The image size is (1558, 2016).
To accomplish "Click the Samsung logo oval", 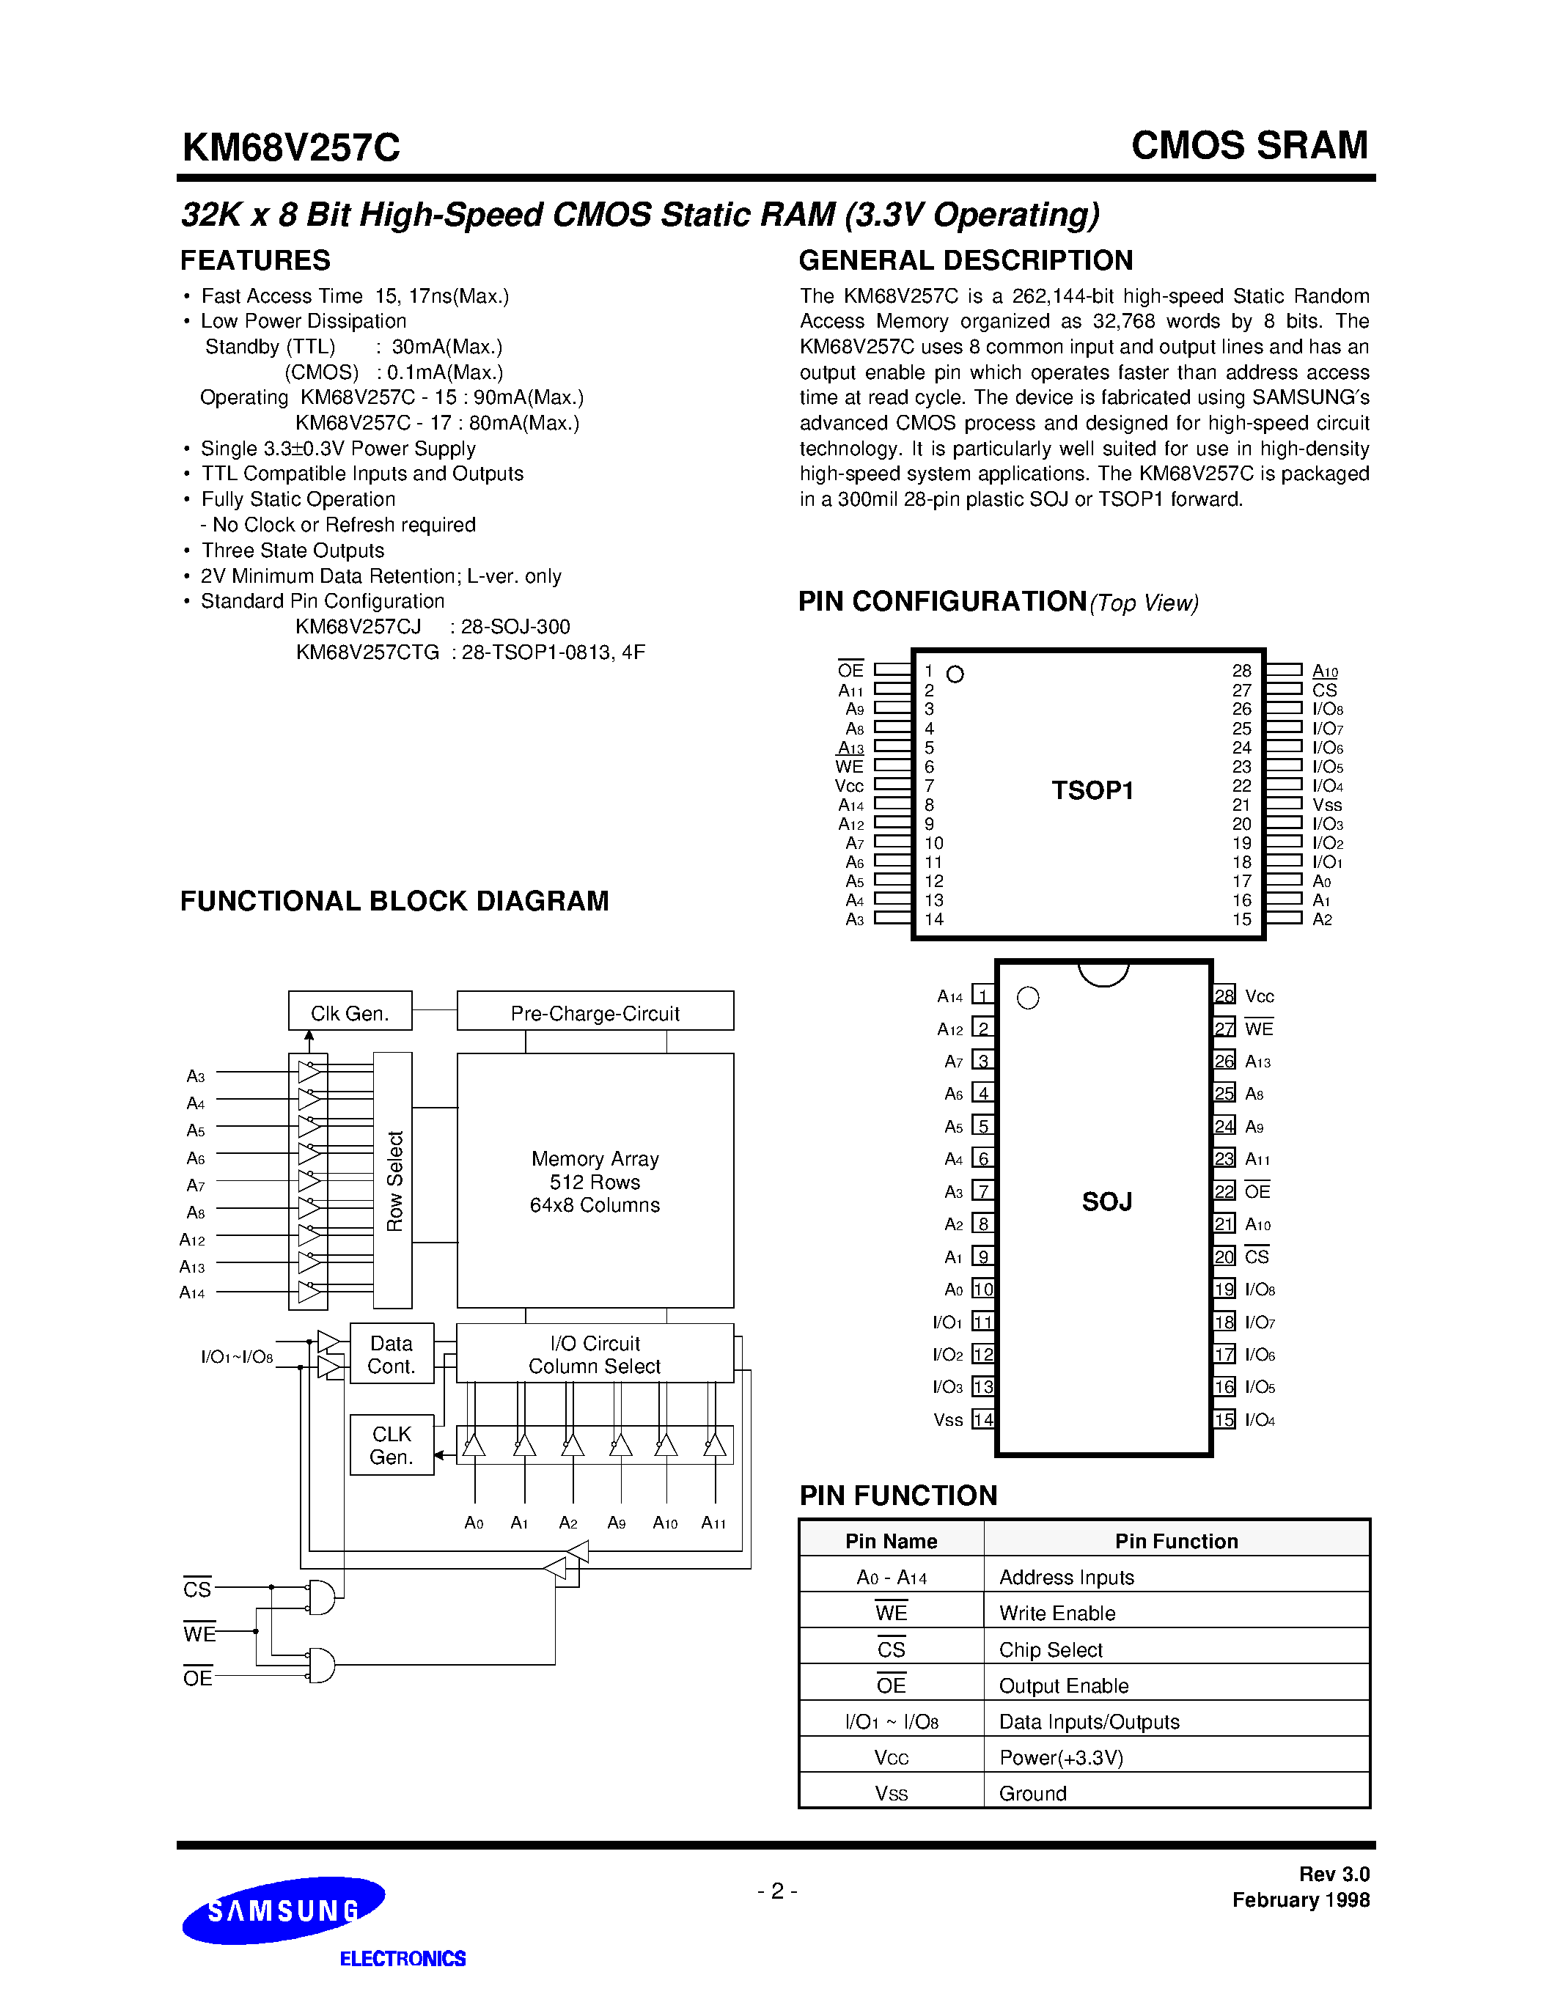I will pos(282,1910).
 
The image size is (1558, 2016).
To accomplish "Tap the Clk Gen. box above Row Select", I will pos(350,1012).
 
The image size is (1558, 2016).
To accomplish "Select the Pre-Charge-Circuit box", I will pos(595,1012).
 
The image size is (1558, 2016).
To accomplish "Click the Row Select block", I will pos(393,1180).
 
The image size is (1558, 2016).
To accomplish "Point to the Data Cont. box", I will pos(391,1354).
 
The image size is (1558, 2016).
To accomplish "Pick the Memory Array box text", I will pos(595,1182).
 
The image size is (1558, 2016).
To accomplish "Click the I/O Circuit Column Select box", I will pos(595,1354).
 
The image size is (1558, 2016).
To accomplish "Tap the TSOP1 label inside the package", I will pos(1092,791).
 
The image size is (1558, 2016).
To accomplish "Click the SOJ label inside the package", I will pos(1106,1202).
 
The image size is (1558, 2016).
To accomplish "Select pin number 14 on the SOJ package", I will pos(983,1420).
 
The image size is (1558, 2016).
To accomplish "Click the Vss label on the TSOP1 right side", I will pos(1326,805).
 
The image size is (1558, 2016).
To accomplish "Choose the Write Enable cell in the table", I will pos(1057,1613).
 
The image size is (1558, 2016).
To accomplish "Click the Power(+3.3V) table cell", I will pos(1060,1757).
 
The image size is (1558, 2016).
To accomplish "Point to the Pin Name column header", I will pos(891,1541).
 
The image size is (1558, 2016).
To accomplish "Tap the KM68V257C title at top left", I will pos(291,147).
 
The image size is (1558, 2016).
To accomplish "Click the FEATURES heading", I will pos(254,260).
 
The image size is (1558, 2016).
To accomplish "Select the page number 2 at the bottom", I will pos(777,1891).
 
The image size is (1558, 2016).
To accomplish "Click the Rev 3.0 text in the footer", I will pos(1334,1874).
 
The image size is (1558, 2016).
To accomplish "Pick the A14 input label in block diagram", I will pos(192,1293).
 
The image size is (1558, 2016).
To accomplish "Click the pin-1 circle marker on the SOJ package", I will pos(1027,998).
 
